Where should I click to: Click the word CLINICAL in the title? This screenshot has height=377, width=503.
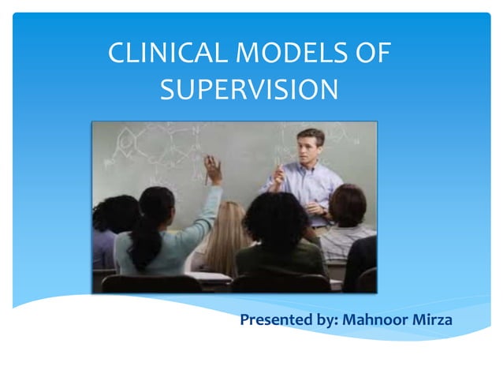click(158, 55)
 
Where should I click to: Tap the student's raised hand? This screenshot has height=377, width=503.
click(212, 168)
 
